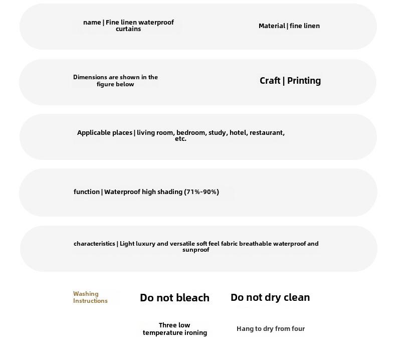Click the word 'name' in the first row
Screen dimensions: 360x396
(92, 22)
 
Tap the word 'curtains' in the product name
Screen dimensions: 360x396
(128, 29)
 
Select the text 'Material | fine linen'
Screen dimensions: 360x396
(289, 26)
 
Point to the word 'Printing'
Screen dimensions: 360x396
(304, 81)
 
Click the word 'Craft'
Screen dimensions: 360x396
(270, 81)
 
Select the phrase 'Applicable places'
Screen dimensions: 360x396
(104, 133)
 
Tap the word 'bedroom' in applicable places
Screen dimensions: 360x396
(191, 133)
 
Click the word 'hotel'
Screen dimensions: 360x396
(238, 133)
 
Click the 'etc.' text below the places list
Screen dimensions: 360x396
(180, 139)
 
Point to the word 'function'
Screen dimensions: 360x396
(87, 192)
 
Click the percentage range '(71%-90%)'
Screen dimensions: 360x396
(202, 192)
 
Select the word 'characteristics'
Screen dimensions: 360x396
(94, 244)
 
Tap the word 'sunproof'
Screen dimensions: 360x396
(195, 250)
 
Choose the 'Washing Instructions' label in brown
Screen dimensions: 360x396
(90, 297)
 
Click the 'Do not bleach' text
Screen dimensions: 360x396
(174, 298)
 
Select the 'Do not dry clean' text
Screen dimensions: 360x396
(270, 297)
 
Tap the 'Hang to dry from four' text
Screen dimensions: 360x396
(271, 329)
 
